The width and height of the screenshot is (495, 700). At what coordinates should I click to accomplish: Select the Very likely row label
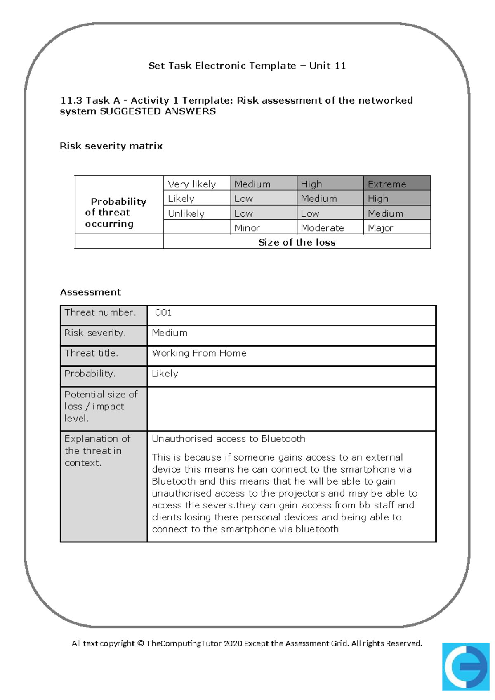tap(192, 184)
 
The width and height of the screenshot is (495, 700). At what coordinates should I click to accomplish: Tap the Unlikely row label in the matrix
tap(186, 213)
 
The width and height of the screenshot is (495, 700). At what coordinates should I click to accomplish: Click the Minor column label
tap(247, 228)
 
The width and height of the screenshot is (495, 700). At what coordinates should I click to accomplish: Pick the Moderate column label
tap(322, 228)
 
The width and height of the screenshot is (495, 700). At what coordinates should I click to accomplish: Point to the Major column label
tap(380, 228)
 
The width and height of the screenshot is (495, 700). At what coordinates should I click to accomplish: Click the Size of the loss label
tap(297, 242)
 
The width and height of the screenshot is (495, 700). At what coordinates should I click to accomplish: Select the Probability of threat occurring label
tap(115, 213)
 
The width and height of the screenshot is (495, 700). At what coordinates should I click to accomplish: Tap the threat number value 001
tap(163, 312)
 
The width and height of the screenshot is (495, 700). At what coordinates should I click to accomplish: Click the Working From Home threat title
tap(199, 353)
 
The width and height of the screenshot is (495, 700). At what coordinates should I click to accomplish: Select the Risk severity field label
tap(95, 333)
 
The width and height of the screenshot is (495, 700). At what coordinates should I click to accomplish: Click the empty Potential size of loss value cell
tap(291, 409)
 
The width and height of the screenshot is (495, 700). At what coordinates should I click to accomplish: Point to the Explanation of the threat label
tap(97, 450)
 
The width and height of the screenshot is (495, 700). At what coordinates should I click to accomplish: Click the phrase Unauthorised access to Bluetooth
tap(228, 439)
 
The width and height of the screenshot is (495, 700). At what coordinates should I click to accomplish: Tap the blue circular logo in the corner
tap(465, 666)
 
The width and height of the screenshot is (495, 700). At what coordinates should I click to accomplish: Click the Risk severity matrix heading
tap(111, 146)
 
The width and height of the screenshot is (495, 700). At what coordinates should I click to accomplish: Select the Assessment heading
tap(90, 292)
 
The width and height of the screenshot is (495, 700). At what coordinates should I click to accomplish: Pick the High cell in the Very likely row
tap(311, 184)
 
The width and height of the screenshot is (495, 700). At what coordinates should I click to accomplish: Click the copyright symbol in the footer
tap(140, 643)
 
